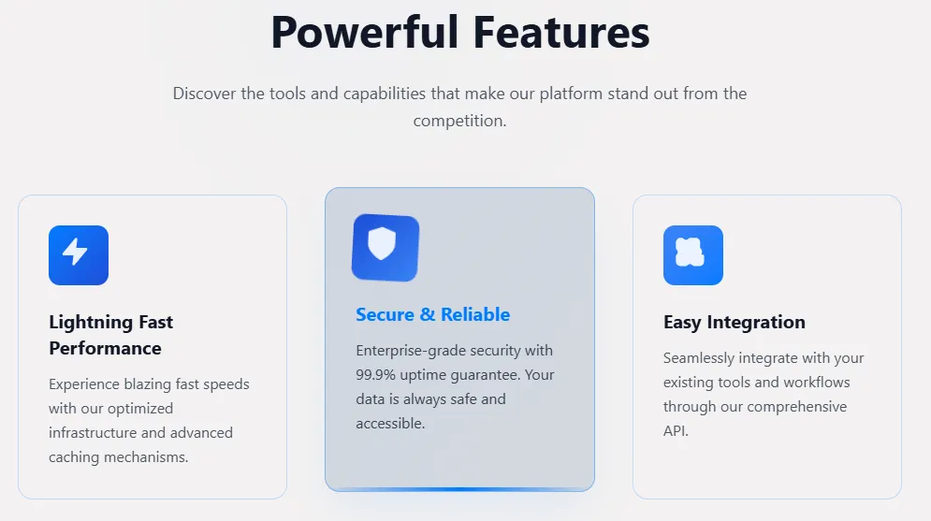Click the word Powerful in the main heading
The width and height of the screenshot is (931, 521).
pyautogui.click(x=365, y=33)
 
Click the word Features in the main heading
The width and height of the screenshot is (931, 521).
pyautogui.click(x=561, y=33)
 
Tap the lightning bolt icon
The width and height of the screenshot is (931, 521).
pyautogui.click(x=76, y=252)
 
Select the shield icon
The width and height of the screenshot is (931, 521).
pyautogui.click(x=382, y=243)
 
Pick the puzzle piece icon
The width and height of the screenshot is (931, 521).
pyautogui.click(x=690, y=252)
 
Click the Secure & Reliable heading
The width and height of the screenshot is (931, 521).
pyautogui.click(x=433, y=314)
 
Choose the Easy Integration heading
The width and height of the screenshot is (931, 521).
pyautogui.click(x=735, y=322)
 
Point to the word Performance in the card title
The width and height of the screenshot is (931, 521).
pyautogui.click(x=105, y=348)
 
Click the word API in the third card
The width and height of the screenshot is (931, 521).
pyautogui.click(x=675, y=431)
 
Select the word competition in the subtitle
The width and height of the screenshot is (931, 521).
pyautogui.click(x=459, y=121)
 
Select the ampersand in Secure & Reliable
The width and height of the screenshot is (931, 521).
pyautogui.click(x=428, y=314)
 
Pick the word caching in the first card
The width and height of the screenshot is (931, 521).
pyautogui.click(x=74, y=457)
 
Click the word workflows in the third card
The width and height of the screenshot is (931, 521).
pyautogui.click(x=817, y=383)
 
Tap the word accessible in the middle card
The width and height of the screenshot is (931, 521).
pyautogui.click(x=390, y=424)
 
